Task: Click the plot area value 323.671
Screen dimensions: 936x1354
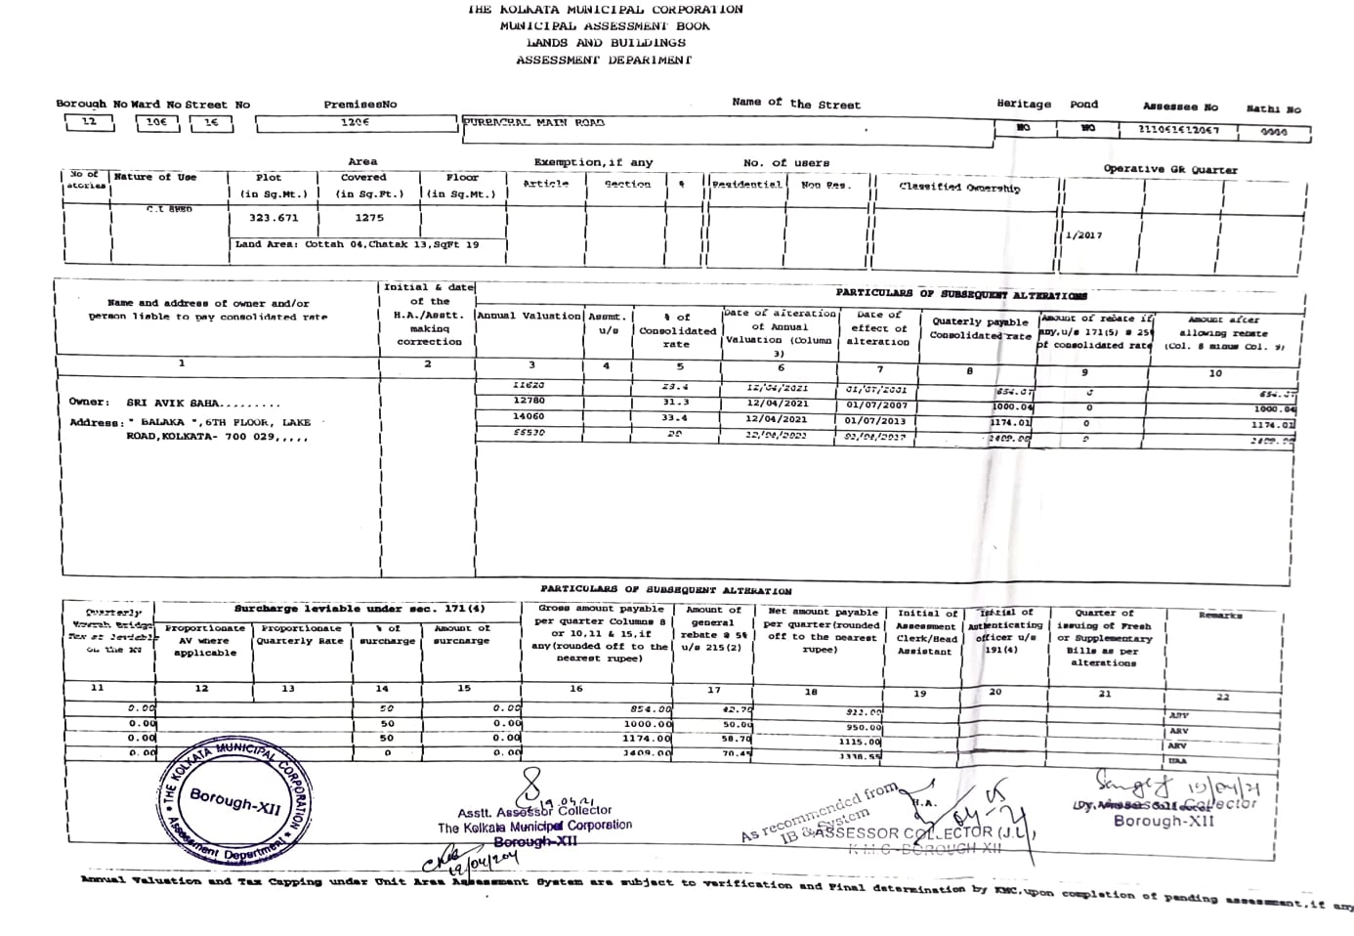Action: tap(274, 218)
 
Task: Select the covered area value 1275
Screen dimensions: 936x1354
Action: tap(369, 218)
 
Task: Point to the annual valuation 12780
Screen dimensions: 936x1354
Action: tap(529, 402)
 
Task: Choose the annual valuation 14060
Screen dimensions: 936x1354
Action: tap(529, 417)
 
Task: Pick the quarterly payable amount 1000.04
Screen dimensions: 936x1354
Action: tap(1012, 406)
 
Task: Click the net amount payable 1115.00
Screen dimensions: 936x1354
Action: tap(860, 743)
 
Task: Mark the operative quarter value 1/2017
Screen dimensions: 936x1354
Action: tap(1084, 235)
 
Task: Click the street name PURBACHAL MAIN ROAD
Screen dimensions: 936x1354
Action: tap(534, 123)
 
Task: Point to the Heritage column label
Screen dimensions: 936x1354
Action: tap(1024, 104)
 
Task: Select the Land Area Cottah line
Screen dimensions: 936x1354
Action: tap(357, 244)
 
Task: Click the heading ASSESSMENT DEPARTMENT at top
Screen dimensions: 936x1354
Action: tap(604, 61)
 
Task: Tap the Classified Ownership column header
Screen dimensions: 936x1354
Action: tap(959, 188)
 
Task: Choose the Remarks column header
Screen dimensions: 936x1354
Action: tap(1220, 616)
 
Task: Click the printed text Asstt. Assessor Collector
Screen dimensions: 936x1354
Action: tap(534, 812)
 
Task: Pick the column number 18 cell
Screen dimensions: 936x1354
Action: tap(811, 692)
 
